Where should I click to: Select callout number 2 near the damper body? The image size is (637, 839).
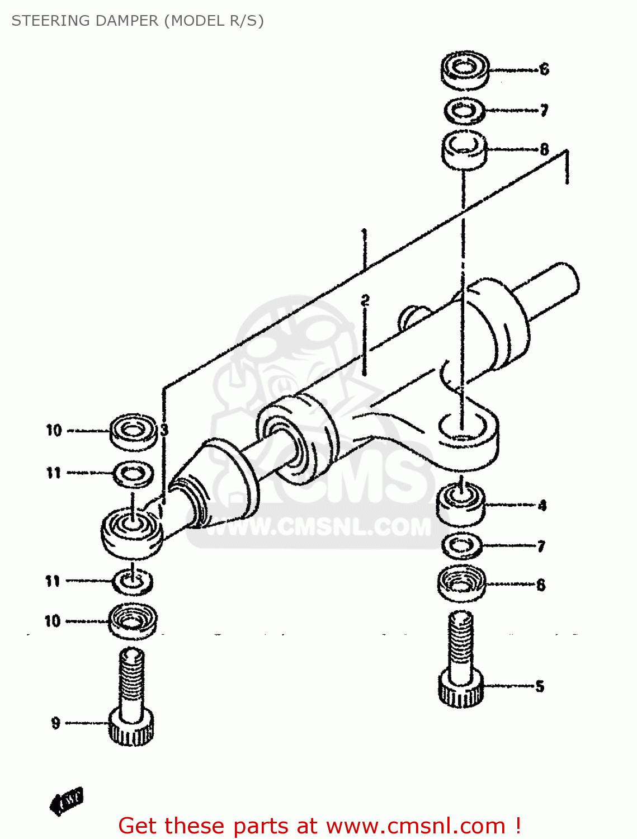pos(365,301)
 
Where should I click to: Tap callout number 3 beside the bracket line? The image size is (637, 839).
pos(164,430)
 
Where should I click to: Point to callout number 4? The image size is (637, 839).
pos(542,506)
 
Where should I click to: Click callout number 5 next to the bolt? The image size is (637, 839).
pos(540,686)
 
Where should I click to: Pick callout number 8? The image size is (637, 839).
pos(544,149)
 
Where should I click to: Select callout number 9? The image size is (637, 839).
pos(55,723)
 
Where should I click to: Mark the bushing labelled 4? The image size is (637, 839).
pos(460,503)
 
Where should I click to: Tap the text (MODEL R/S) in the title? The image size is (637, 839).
pos(213,21)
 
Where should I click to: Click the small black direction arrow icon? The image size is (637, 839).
pos(66,801)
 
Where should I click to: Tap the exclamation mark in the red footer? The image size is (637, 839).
pos(518,826)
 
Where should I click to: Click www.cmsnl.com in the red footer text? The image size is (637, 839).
pos(416,826)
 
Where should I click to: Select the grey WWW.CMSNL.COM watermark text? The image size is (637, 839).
pos(319,526)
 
